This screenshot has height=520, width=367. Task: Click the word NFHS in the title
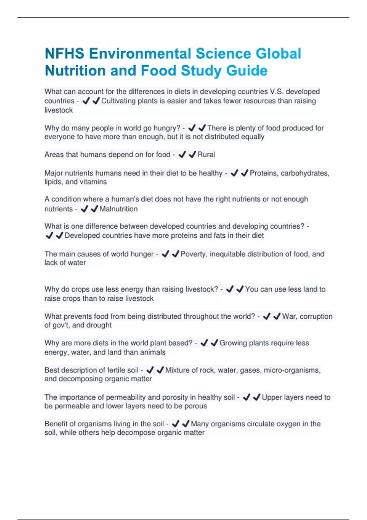(65, 54)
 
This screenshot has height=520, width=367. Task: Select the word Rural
(206, 155)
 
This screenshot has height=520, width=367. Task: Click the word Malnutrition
(119, 209)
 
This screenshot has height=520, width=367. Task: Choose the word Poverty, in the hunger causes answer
(194, 254)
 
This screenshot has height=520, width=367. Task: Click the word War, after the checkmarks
(289, 316)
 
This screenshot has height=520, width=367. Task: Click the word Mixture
(177, 370)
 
